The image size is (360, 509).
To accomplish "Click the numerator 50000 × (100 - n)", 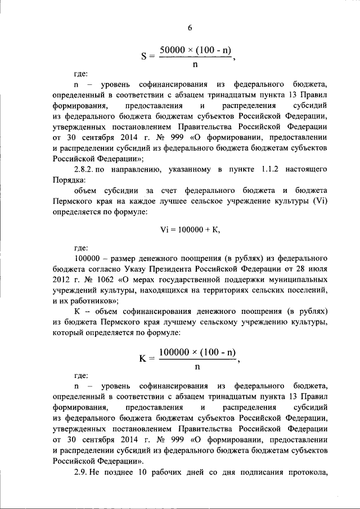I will (x=195, y=50).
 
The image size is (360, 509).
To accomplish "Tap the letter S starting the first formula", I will (x=144, y=56).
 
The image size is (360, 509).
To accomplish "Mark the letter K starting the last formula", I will (x=142, y=358).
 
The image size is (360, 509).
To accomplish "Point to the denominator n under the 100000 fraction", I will (x=197, y=367).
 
